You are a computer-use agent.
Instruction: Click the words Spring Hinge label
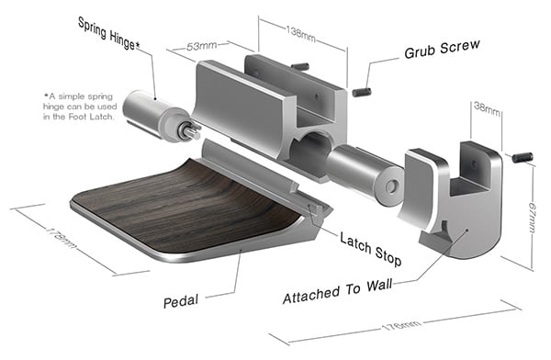click(108, 33)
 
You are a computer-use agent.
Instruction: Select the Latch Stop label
click(370, 248)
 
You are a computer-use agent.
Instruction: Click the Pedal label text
click(181, 301)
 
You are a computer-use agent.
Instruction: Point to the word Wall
click(379, 285)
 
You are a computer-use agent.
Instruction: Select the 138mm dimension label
click(301, 33)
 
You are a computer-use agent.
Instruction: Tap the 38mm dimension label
click(487, 107)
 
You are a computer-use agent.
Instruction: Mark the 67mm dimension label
click(532, 218)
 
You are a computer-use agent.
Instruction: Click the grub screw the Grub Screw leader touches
click(362, 93)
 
